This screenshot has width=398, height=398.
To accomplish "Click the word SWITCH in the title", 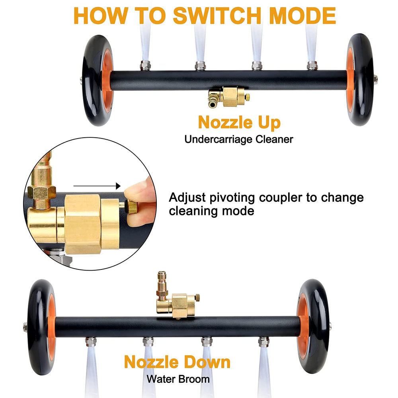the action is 217,16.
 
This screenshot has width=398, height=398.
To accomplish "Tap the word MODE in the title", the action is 302,16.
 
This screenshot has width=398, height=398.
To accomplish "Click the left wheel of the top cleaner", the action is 98,80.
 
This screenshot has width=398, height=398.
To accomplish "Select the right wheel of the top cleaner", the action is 361,80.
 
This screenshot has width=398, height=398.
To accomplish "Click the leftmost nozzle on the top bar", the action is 145,66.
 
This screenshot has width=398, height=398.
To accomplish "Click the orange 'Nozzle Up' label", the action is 239,123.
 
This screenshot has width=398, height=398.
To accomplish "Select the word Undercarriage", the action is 219,139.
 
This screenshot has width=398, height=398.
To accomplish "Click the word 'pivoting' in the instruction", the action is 232,198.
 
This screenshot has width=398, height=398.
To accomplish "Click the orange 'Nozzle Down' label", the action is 177,362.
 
